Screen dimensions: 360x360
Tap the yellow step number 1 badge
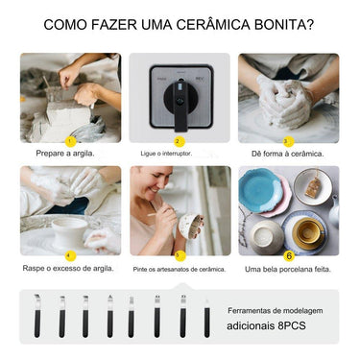(70, 141)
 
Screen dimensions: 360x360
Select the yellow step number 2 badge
(180, 141)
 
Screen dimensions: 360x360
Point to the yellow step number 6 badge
(289, 255)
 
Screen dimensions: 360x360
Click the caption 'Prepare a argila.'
(65, 154)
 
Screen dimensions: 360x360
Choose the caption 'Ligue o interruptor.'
(166, 154)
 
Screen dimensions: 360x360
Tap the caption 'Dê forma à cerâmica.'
(288, 154)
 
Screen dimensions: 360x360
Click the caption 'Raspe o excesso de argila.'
(68, 268)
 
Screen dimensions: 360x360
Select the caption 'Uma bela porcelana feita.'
(288, 270)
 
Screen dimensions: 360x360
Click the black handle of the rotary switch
(180, 108)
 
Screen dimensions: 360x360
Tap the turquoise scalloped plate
(260, 191)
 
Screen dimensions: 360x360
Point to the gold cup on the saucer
(307, 232)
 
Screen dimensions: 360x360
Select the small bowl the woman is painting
(191, 226)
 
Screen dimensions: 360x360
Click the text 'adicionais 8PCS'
(266, 325)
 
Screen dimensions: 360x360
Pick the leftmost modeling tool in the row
(37, 316)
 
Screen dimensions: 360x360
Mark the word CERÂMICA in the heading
(212, 24)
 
